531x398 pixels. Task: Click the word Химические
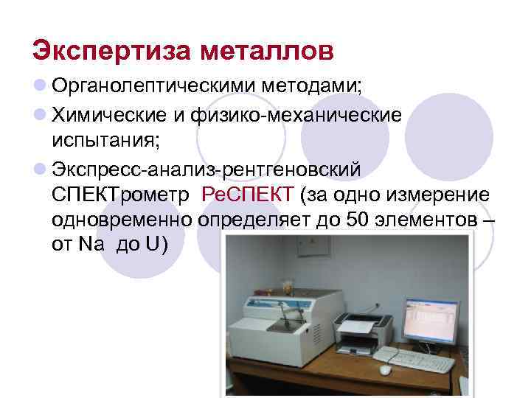(x=118, y=115)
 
